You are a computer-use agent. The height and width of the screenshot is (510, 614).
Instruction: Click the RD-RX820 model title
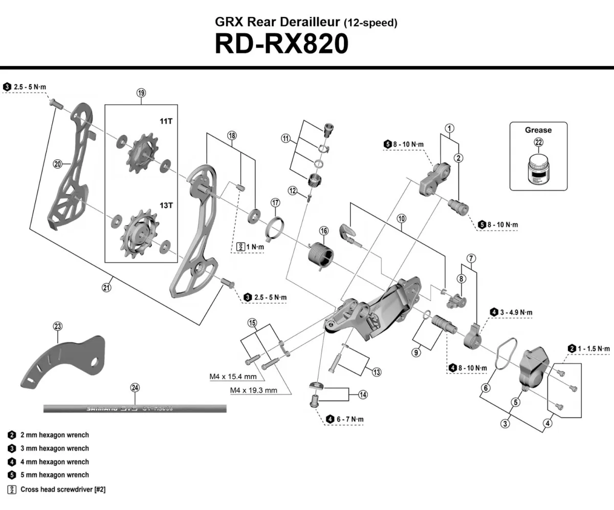coord(281,44)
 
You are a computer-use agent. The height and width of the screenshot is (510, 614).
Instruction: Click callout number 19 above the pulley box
coord(141,93)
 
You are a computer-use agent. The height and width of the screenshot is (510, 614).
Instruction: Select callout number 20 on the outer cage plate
coord(57,164)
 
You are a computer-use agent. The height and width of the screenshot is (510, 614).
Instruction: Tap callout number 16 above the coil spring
coord(324,231)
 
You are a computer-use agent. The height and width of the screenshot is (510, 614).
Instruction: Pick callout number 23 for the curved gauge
coord(57,326)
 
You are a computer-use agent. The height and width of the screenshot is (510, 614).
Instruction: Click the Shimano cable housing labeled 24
coord(135,408)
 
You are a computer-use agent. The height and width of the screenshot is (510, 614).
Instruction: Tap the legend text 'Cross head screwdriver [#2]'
coord(63,489)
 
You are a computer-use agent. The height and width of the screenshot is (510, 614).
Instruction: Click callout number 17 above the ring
coord(275,202)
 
